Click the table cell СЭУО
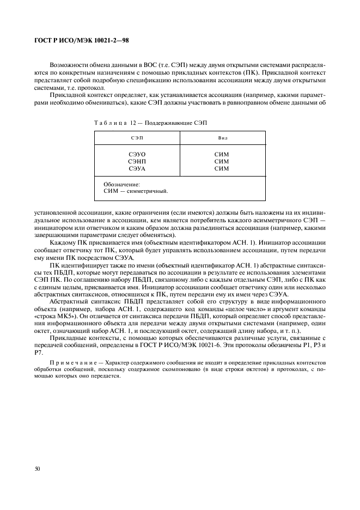(137, 155)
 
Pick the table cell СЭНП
(137, 162)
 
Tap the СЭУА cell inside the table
(137, 169)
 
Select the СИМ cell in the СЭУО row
(222, 155)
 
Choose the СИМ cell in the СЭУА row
(222, 169)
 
